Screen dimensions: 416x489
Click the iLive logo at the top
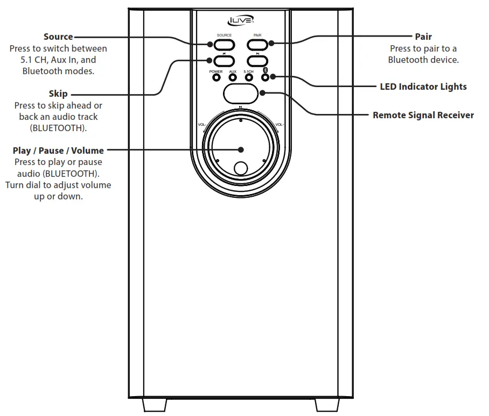click(240, 21)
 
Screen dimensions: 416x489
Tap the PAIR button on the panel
click(257, 43)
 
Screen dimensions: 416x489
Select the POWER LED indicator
click(216, 77)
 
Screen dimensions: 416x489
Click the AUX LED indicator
click(233, 77)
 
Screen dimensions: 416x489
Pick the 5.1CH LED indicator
click(249, 77)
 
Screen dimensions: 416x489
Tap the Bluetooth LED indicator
click(264, 77)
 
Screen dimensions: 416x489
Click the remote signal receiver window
click(240, 94)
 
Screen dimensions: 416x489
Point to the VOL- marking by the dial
click(202, 125)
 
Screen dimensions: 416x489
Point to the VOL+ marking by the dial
click(280, 125)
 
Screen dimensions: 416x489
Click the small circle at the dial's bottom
click(241, 168)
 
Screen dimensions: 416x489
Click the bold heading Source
click(58, 37)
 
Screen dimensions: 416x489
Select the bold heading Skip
click(58, 94)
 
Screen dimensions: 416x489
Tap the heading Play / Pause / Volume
click(58, 150)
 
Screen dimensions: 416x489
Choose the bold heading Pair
click(423, 37)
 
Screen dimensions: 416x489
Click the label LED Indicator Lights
click(423, 87)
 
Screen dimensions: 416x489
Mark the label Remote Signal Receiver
click(423, 115)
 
